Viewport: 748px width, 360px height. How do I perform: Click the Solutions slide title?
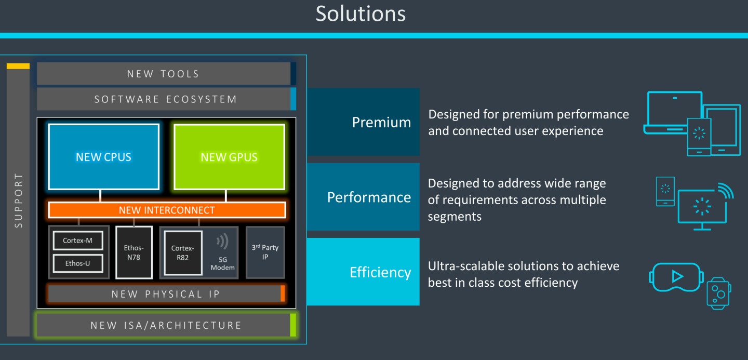click(360, 14)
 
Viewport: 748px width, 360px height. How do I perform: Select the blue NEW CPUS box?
click(103, 157)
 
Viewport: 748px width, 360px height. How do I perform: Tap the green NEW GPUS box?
click(229, 157)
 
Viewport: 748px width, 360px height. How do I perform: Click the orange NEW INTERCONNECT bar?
click(167, 210)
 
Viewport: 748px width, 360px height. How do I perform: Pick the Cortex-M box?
click(78, 241)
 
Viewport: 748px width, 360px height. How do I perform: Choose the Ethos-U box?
click(78, 263)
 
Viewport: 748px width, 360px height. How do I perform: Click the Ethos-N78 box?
click(134, 252)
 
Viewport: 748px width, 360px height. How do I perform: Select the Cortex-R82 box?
click(183, 252)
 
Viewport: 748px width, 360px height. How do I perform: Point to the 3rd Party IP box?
click(265, 252)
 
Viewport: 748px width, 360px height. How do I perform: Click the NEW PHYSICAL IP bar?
click(166, 294)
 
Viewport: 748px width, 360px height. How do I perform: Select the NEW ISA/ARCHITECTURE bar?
click(166, 325)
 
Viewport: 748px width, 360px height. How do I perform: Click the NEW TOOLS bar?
click(163, 74)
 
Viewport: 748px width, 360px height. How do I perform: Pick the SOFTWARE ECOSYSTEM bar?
click(165, 99)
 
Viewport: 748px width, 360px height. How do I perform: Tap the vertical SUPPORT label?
click(18, 201)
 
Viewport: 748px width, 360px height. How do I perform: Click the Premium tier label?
click(381, 122)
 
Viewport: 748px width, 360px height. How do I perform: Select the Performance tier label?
click(369, 197)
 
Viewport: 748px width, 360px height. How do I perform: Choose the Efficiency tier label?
click(380, 272)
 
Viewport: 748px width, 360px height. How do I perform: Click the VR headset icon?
click(676, 277)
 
